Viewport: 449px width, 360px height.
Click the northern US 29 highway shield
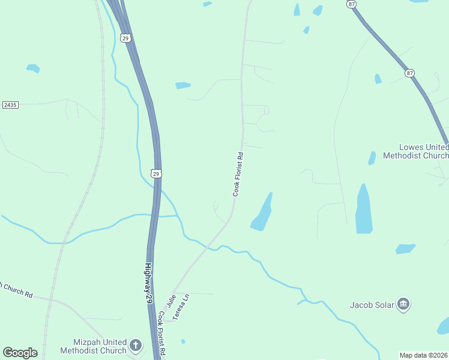point(125,38)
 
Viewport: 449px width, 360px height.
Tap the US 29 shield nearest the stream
point(156,173)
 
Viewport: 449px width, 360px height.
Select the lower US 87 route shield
point(409,73)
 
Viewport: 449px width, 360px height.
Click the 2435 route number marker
point(10,105)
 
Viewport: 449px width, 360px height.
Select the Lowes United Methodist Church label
point(424,151)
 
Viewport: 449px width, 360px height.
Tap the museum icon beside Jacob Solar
point(403,305)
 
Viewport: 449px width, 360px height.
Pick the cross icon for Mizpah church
point(136,346)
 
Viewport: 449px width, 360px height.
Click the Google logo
point(20,353)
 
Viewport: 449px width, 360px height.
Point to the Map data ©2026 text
point(424,355)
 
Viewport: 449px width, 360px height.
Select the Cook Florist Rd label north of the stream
point(238,174)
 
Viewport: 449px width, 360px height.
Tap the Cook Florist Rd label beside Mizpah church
point(161,334)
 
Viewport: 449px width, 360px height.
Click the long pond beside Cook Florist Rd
point(262,213)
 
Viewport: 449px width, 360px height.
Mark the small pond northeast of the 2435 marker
point(33,68)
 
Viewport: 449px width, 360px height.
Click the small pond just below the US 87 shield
point(378,79)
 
